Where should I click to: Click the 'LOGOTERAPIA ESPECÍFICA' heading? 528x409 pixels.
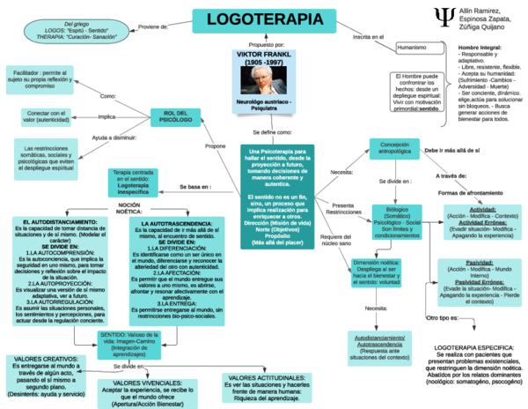(475, 323)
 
